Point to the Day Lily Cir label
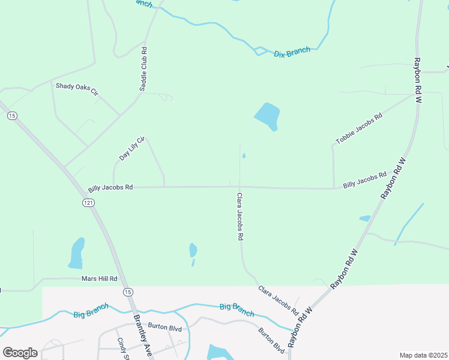tap(133, 148)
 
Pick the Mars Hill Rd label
tap(99, 279)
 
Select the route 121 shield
tap(88, 203)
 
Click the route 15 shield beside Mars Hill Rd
tap(128, 292)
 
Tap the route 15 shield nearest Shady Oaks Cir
tap(12, 116)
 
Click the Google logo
tap(20, 352)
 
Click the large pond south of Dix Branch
tap(268, 116)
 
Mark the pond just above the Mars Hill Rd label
tap(77, 253)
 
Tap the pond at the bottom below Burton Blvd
tap(217, 352)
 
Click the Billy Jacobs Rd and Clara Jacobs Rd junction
tap(240, 187)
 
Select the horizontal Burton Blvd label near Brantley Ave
tap(165, 328)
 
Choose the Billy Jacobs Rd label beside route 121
tap(110, 187)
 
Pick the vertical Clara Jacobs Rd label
tap(240, 217)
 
